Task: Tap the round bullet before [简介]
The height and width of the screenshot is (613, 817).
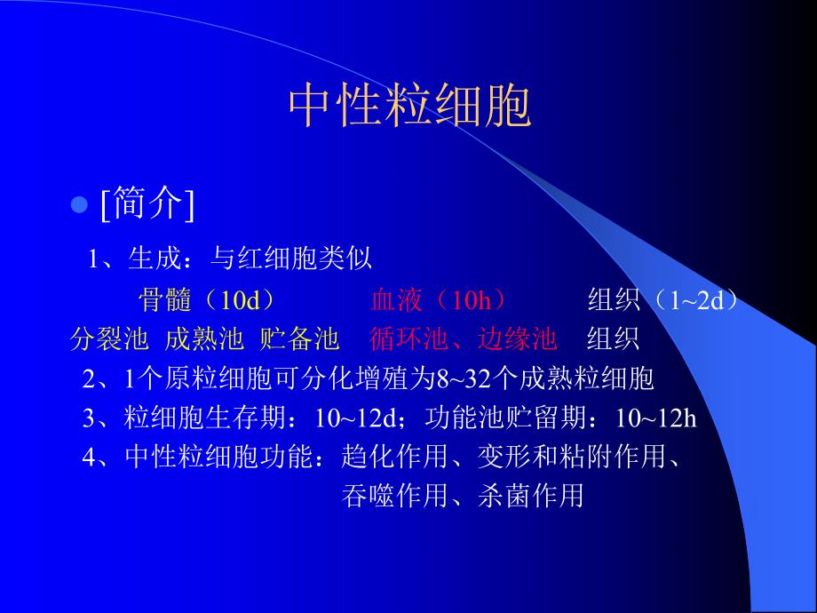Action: coord(78,205)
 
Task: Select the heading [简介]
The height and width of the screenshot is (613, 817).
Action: coord(147,205)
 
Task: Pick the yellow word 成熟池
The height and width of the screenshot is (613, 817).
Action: coord(204,339)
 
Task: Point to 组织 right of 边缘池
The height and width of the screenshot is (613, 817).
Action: coord(613,339)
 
